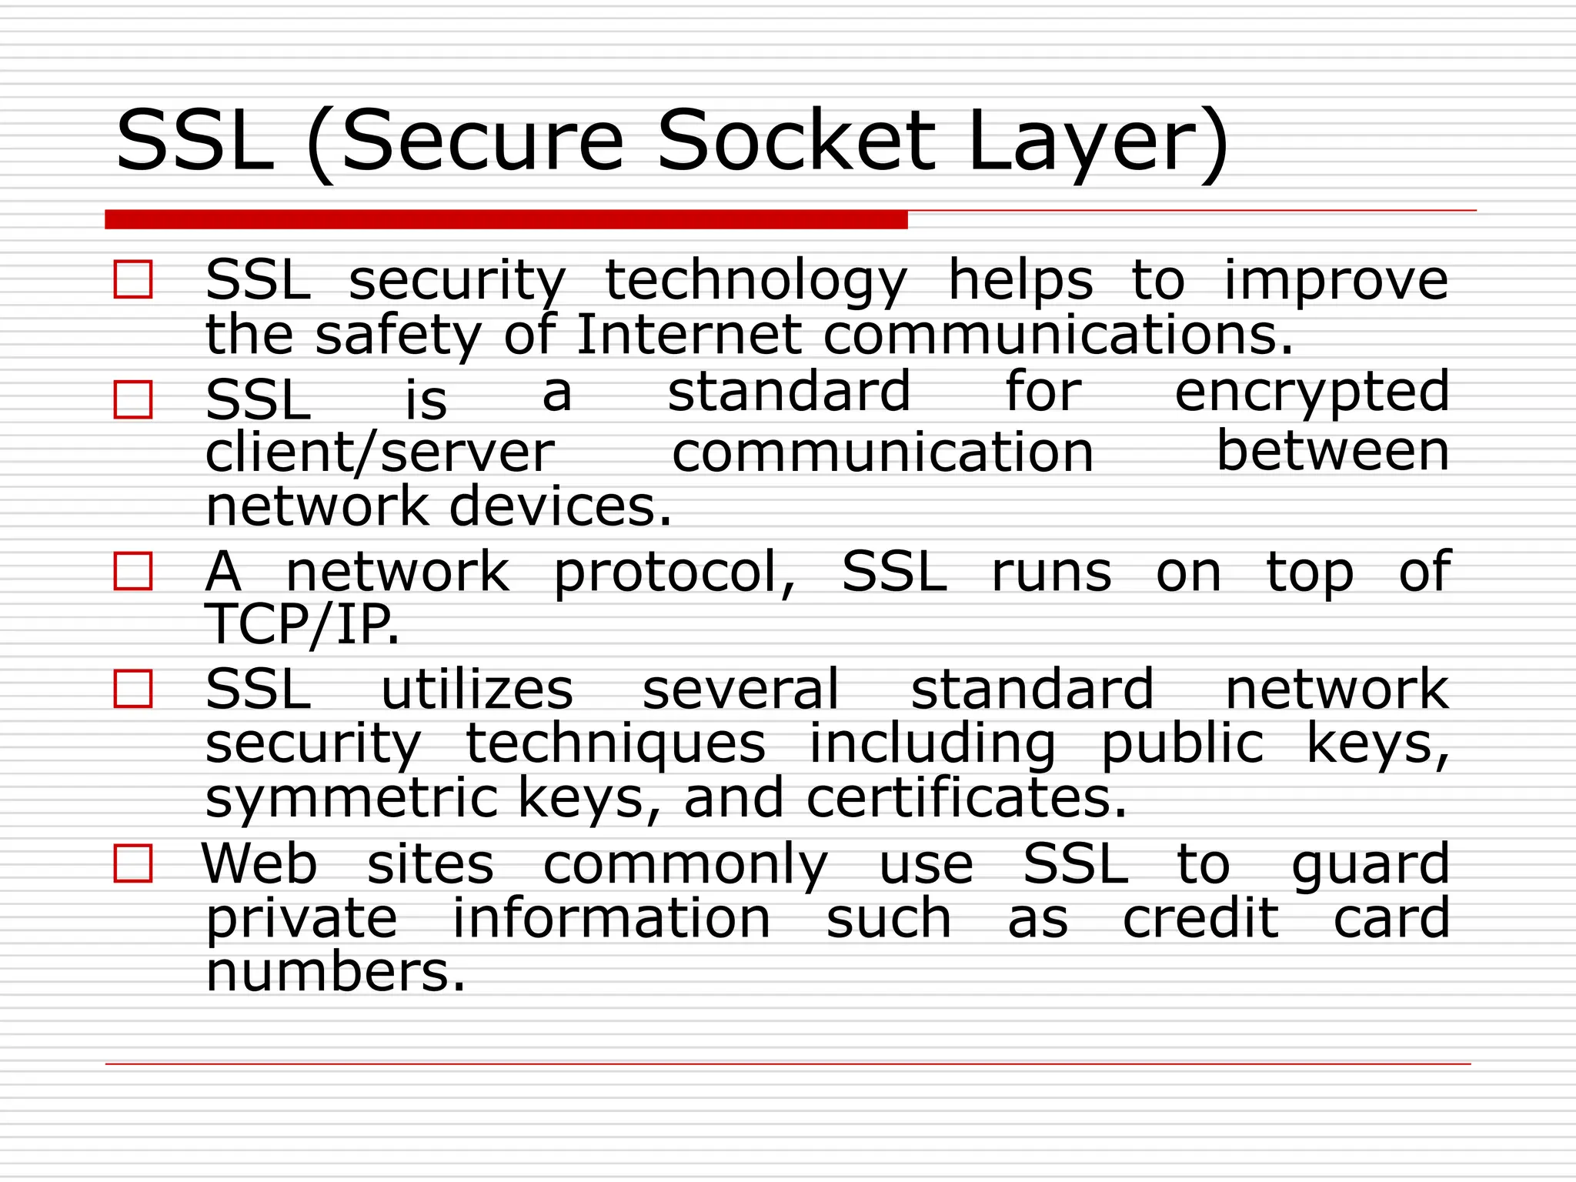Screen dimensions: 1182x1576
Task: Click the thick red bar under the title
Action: coord(506,219)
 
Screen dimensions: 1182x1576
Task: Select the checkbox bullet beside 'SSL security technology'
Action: coord(133,279)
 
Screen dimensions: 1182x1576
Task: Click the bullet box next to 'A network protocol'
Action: coord(133,571)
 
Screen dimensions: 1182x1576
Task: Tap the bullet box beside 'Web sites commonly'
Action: coord(133,863)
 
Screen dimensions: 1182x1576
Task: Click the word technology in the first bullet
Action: coord(756,281)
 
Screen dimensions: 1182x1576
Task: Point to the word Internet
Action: coord(689,335)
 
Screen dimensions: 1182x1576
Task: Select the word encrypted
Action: coord(1311,392)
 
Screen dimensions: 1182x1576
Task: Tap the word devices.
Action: coord(559,506)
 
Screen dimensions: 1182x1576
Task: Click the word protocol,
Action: coord(674,573)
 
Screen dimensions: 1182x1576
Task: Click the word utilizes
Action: coord(477,689)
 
